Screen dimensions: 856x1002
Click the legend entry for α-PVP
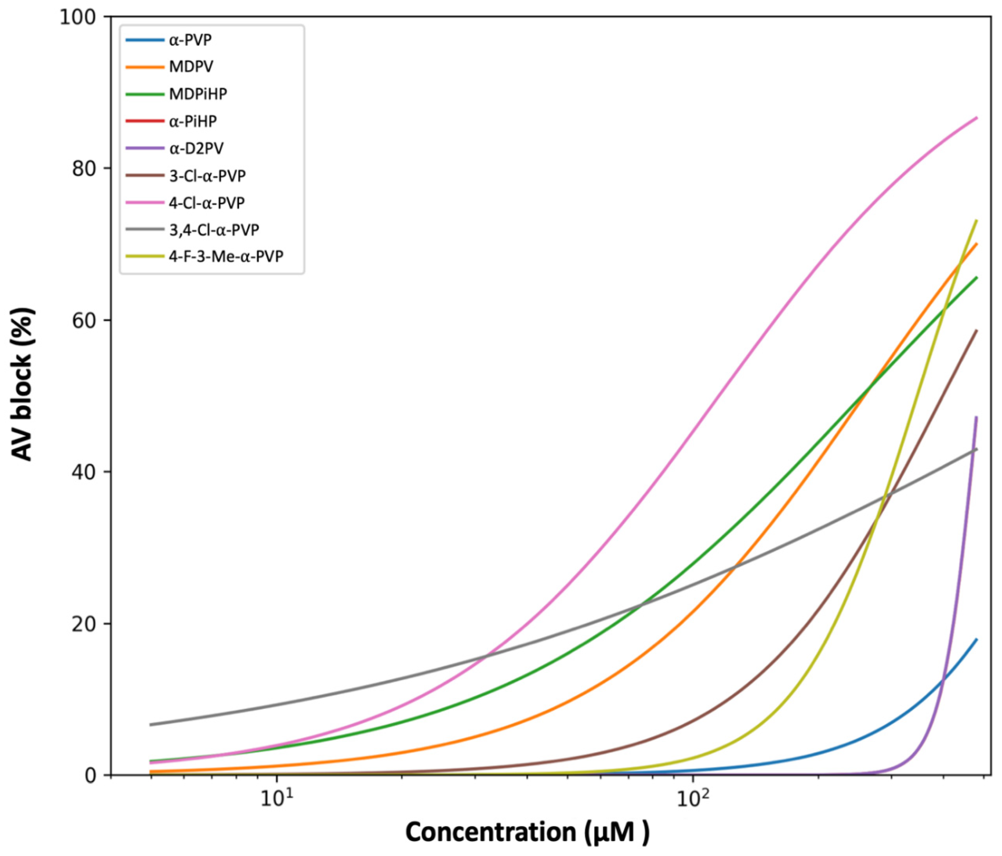click(190, 40)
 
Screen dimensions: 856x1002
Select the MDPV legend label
click(191, 67)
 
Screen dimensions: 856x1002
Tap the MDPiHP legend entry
click(198, 94)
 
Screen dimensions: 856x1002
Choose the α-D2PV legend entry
click(196, 148)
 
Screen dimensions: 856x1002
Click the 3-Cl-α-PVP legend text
click(207, 175)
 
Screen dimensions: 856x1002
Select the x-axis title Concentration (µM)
click(527, 832)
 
